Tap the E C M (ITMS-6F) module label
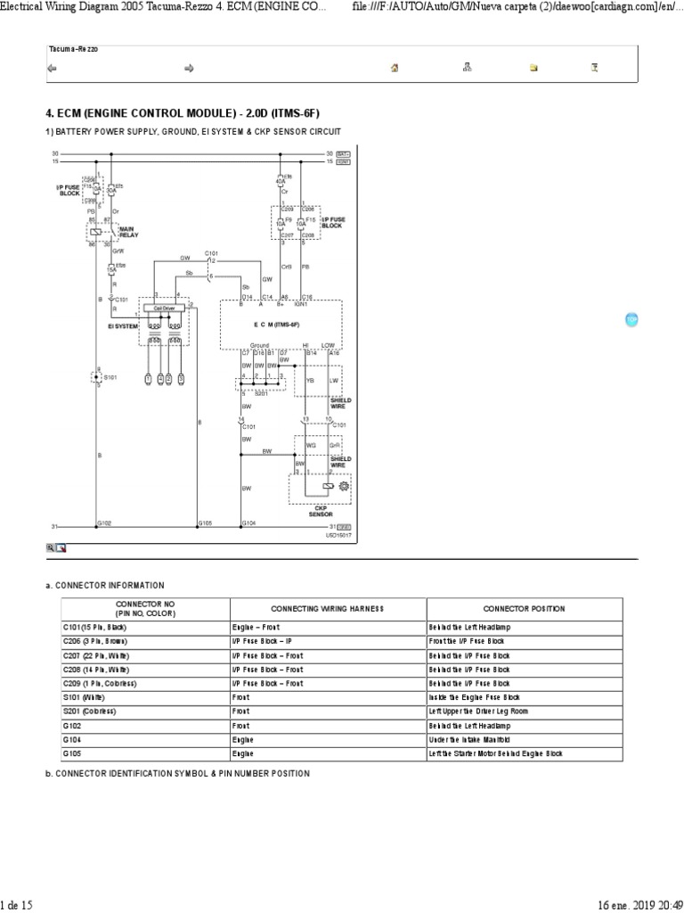click(281, 325)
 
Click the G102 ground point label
click(104, 523)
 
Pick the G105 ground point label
click(205, 523)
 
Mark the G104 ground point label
click(248, 523)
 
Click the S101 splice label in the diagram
click(109, 378)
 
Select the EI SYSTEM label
click(123, 326)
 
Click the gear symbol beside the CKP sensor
click(344, 485)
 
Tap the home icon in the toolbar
click(394, 67)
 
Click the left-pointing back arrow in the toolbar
click(52, 67)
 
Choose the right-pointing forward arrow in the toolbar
click(189, 67)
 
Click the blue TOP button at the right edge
click(631, 319)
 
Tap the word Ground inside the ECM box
click(259, 344)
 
